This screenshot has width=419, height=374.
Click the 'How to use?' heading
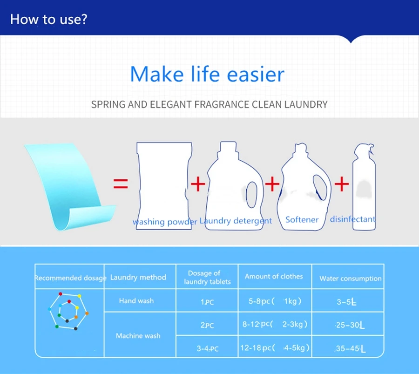pos(48,19)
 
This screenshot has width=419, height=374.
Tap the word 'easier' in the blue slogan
pos(256,75)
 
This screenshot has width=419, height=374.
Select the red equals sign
pos(121,184)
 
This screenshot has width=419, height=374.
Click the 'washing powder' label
pos(165,222)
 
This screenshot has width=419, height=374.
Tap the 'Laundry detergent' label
pos(236,221)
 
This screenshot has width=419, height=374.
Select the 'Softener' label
pos(302,220)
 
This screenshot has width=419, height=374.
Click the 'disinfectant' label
pos(353,219)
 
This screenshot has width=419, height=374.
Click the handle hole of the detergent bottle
pos(251,194)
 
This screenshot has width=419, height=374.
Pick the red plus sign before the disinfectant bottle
pos(342,184)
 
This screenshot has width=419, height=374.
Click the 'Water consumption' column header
pos(350,279)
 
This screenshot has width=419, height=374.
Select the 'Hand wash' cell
pos(136,301)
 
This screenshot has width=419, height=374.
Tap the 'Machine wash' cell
pos(138,336)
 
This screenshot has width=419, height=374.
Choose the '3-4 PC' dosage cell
pos(207,348)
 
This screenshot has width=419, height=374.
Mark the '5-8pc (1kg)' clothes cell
pos(275,301)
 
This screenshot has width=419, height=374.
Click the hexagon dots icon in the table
pos(68,311)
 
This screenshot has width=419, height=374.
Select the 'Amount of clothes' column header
pos(274,276)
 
